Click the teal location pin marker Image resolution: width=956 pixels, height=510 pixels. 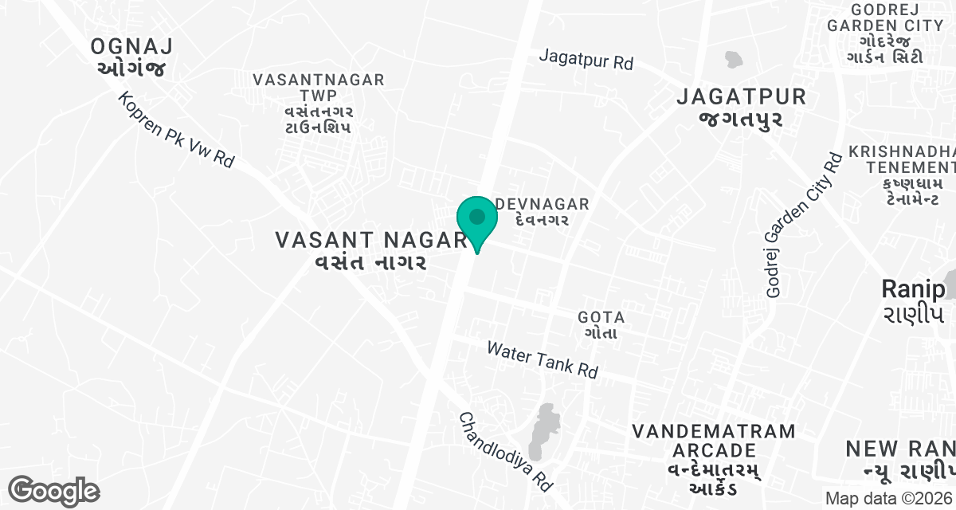[477, 220]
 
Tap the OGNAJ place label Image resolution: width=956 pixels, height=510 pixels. [131, 57]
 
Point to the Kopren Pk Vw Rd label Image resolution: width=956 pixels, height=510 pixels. [176, 130]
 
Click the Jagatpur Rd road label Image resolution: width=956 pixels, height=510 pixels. [586, 59]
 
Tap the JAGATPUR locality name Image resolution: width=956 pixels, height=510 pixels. [741, 108]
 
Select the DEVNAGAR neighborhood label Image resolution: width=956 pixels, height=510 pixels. [542, 212]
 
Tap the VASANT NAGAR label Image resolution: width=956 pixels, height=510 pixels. [370, 250]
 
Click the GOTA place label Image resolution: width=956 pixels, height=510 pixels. [601, 324]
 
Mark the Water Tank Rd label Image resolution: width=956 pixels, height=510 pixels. [542, 360]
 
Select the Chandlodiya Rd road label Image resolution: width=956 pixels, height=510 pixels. [505, 452]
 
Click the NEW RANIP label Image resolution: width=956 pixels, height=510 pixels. [900, 459]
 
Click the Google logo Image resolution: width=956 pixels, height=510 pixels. [53, 491]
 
